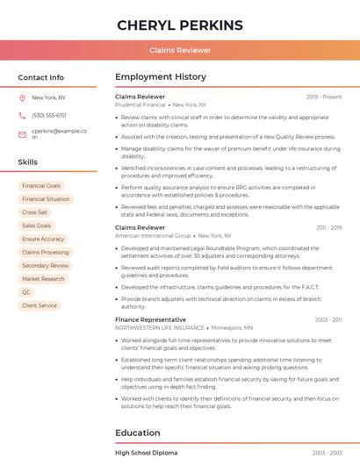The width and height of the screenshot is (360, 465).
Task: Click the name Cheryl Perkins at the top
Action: [x=180, y=25]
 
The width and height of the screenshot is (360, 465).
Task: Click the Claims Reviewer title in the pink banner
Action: [x=180, y=50]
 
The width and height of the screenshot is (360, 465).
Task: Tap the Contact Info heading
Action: [x=41, y=77]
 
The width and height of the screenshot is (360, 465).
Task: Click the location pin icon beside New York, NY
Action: [x=22, y=97]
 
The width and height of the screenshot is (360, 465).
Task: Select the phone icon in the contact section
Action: [x=22, y=115]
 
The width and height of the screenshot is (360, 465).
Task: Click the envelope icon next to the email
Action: [x=22, y=134]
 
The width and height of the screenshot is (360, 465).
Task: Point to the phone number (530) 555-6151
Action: [x=49, y=115]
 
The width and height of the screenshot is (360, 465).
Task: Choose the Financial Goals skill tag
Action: [x=41, y=186]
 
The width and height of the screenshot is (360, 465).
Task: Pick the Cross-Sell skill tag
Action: [x=35, y=212]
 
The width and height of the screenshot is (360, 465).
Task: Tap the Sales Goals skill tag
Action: [x=37, y=225]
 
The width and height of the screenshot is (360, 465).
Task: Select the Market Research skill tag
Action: [x=43, y=279]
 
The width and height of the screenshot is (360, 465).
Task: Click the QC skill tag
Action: [x=26, y=292]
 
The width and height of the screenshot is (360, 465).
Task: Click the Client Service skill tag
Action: [x=40, y=305]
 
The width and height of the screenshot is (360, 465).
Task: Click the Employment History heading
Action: [x=161, y=77]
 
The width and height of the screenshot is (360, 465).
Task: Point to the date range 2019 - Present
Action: [x=324, y=97]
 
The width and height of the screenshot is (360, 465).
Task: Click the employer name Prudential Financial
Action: [x=140, y=104]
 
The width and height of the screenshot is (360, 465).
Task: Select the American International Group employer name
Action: [x=153, y=236]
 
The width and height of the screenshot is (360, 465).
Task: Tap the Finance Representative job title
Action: [x=150, y=319]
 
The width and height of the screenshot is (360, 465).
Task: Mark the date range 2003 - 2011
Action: [x=328, y=320]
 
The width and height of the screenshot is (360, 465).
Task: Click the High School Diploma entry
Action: [x=146, y=453]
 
